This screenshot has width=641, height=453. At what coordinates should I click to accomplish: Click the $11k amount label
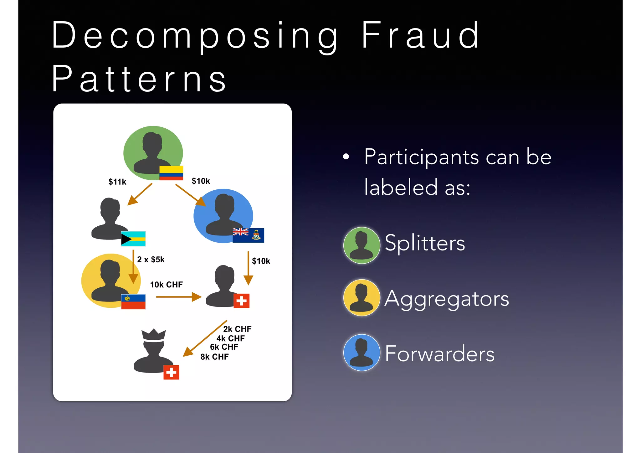coord(117,182)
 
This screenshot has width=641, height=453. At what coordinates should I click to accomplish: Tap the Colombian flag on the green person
coord(171,173)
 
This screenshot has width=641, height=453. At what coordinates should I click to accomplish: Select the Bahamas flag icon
coord(133,239)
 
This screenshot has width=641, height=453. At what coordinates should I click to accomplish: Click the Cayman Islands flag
coord(248,235)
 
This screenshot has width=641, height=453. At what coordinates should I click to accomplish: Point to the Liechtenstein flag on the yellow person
coord(133,302)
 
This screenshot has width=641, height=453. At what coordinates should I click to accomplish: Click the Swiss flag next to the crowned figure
coord(171,373)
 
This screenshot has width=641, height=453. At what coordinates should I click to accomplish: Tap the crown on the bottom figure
coord(153,335)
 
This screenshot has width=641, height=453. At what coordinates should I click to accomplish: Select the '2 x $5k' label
coord(151,260)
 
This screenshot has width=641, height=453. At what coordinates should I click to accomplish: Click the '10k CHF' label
coord(166,285)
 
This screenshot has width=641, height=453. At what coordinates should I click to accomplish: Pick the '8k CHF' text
coord(214,357)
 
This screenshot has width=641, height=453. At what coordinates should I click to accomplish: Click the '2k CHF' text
coord(237,329)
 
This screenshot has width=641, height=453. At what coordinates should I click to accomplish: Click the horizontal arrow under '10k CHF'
coord(178,297)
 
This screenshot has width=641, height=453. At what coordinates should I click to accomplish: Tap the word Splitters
coord(425,243)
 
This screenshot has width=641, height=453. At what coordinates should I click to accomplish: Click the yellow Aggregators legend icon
coord(362,298)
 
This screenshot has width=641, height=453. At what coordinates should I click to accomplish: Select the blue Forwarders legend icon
coord(362,353)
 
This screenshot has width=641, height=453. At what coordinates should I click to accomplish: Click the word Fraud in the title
coord(420,36)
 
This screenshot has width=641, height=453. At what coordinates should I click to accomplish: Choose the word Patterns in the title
coord(139,79)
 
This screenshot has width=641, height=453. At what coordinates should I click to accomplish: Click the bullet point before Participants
coord(346,157)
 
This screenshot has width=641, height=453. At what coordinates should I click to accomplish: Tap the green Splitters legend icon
coord(362,245)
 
